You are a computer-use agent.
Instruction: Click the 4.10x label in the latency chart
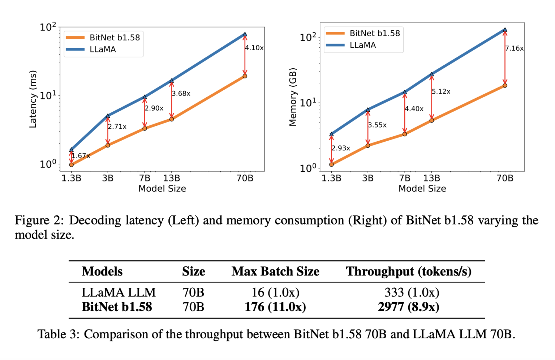pyautogui.click(x=254, y=48)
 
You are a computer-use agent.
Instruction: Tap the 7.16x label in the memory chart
pyautogui.click(x=514, y=48)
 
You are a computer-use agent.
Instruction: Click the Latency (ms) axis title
pyautogui.click(x=33, y=99)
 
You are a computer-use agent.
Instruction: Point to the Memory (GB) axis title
pyautogui.click(x=293, y=97)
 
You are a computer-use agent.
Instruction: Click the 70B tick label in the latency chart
pyautogui.click(x=245, y=178)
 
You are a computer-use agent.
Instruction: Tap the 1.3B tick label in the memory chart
pyautogui.click(x=331, y=178)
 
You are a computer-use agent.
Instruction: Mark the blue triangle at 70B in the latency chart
pyautogui.click(x=245, y=34)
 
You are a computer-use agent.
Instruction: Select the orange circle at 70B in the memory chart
pyautogui.click(x=505, y=86)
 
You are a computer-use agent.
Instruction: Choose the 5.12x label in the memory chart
pyautogui.click(x=441, y=91)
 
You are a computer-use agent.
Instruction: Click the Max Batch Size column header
pyautogui.click(x=275, y=271)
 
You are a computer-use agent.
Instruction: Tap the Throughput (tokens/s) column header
pyautogui.click(x=409, y=271)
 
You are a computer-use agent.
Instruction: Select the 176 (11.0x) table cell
pyautogui.click(x=275, y=307)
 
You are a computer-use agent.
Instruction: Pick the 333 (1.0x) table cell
pyautogui.click(x=412, y=292)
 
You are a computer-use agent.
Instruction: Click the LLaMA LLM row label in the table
pyautogui.click(x=119, y=292)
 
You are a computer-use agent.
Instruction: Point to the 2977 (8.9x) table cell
pyautogui.click(x=409, y=307)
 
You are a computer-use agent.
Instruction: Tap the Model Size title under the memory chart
pyautogui.click(x=422, y=188)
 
